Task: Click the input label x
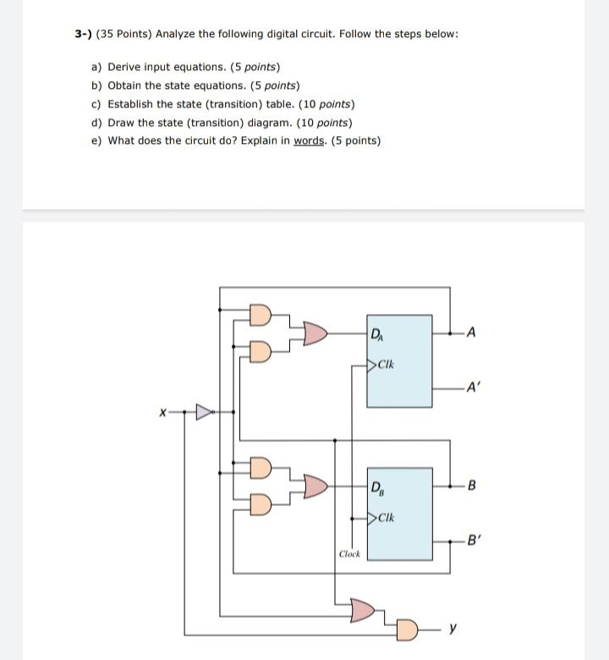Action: point(157,413)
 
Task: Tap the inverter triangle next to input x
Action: point(204,413)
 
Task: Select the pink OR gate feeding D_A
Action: point(314,333)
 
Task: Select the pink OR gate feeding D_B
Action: point(314,486)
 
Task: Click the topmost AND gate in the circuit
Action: point(261,315)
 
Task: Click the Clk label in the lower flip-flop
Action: point(385,517)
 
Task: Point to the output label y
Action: point(454,630)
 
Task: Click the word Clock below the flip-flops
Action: point(349,554)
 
